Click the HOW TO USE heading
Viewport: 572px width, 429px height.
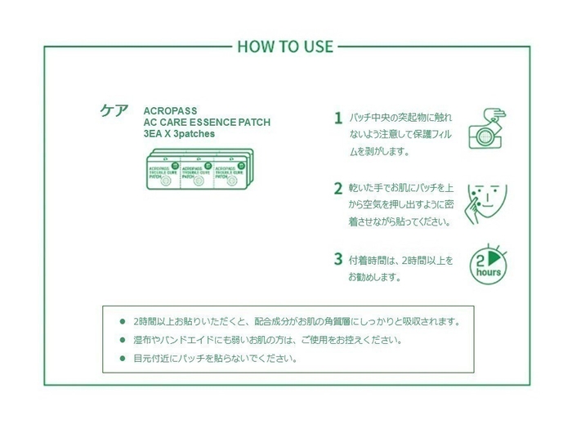pyautogui.click(x=285, y=46)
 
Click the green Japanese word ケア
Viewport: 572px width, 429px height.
pyautogui.click(x=114, y=112)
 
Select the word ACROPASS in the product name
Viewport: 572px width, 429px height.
pyautogui.click(x=170, y=110)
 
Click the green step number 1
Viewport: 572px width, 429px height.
pyautogui.click(x=337, y=118)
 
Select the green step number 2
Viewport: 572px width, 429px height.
pyautogui.click(x=337, y=188)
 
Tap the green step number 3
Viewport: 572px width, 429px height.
pyautogui.click(x=337, y=259)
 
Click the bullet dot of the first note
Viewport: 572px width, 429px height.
pyautogui.click(x=123, y=321)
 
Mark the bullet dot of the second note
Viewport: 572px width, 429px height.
pyautogui.click(x=123, y=340)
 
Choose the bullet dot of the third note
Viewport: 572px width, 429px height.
pyautogui.click(x=123, y=359)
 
